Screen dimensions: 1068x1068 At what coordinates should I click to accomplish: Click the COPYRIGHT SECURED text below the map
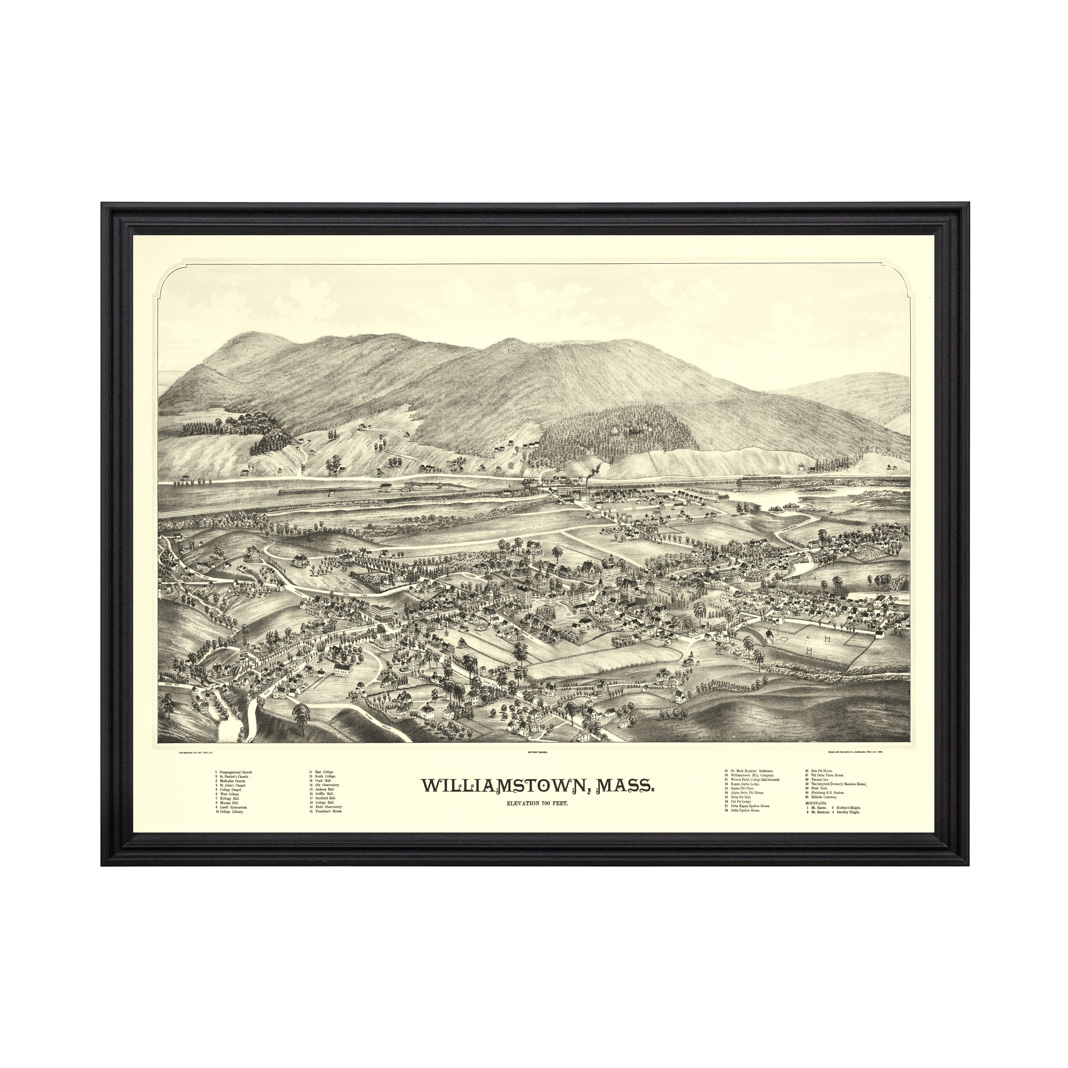pyautogui.click(x=533, y=752)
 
